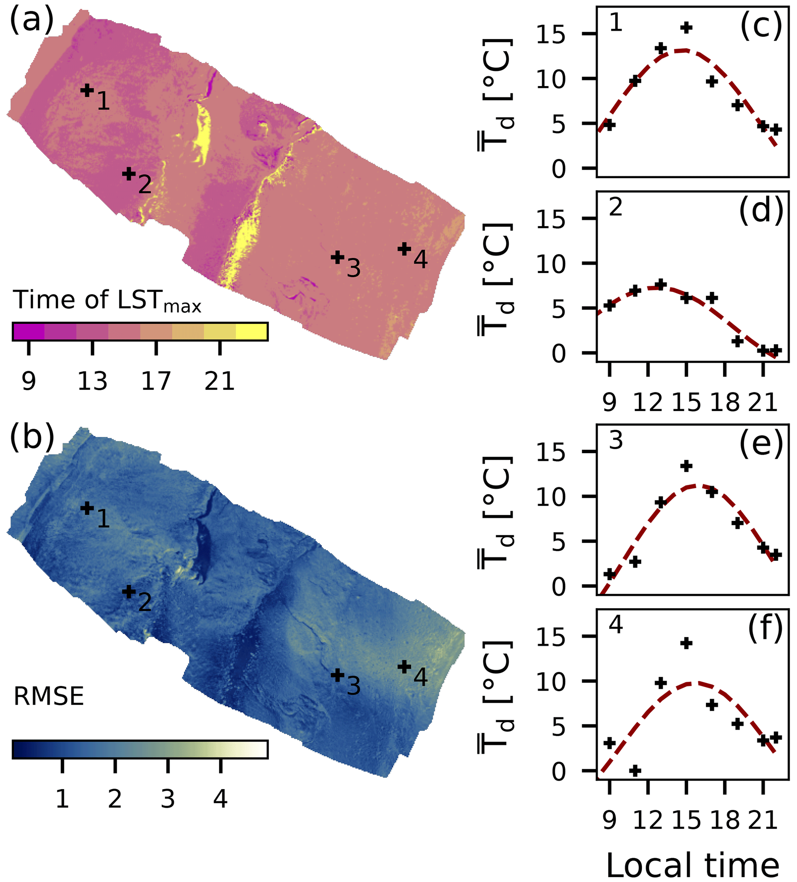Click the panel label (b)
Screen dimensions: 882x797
(x=32, y=437)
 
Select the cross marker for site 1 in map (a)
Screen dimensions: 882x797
(x=87, y=90)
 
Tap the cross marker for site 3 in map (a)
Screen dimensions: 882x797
(x=337, y=257)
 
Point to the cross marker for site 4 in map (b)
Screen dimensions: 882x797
(x=404, y=667)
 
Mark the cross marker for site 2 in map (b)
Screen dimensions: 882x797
(x=129, y=592)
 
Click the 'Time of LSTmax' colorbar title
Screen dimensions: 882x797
(x=107, y=300)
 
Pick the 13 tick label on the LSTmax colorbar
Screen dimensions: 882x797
(x=92, y=381)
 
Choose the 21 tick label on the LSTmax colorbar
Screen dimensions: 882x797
(x=220, y=381)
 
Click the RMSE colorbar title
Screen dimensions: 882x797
(x=49, y=696)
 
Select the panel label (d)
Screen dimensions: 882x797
(x=761, y=211)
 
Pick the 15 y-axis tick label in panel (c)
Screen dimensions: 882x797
(x=551, y=34)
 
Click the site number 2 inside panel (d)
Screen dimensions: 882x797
(x=615, y=207)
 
